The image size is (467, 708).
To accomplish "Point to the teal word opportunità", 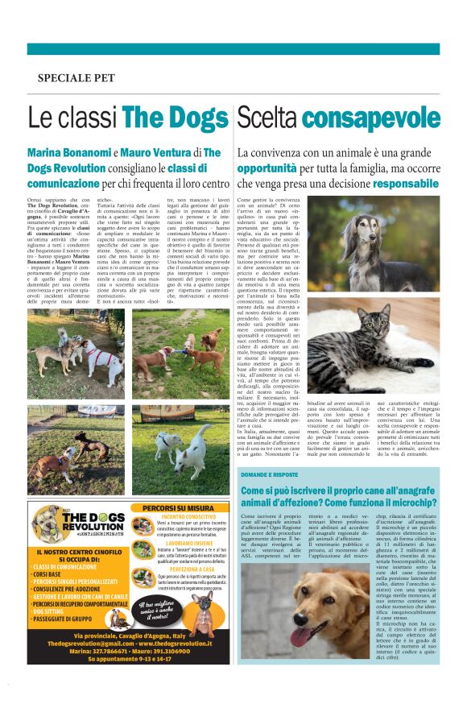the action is pyautogui.click(x=267, y=168).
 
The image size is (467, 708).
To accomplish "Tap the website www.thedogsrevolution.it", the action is pyautogui.click(x=158, y=643).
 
